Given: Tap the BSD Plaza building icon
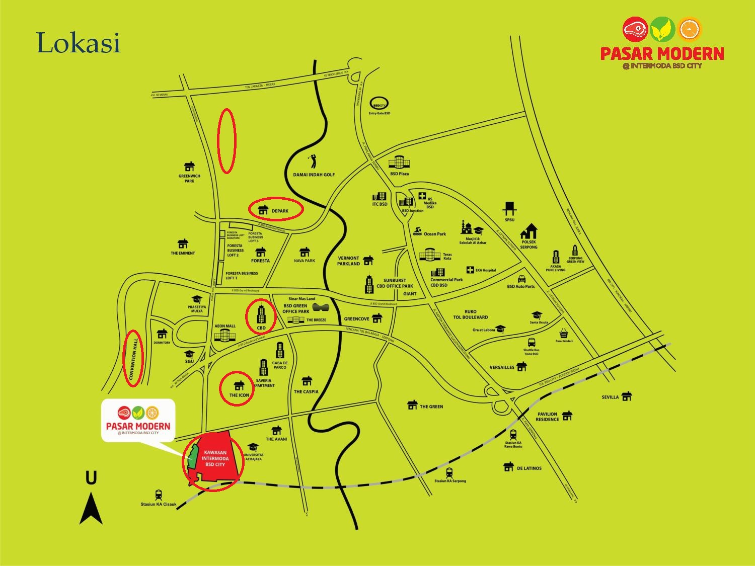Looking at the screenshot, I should pyautogui.click(x=400, y=162).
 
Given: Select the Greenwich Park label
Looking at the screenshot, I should pyautogui.click(x=189, y=178).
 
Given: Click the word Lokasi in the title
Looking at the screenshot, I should pyautogui.click(x=79, y=43).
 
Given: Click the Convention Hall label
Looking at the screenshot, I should pyautogui.click(x=133, y=358).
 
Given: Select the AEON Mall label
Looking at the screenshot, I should pyautogui.click(x=225, y=326).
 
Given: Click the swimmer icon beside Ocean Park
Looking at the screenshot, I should pyautogui.click(x=417, y=232).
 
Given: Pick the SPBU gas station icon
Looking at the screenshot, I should pyautogui.click(x=510, y=208).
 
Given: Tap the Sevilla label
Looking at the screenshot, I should pyautogui.click(x=610, y=397).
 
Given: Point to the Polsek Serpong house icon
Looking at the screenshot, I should pyautogui.click(x=529, y=231).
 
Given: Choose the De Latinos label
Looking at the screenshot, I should pyautogui.click(x=529, y=468).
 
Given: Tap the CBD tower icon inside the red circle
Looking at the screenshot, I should pyautogui.click(x=261, y=314).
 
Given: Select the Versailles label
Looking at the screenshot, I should pyautogui.click(x=502, y=367).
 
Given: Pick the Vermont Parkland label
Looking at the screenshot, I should pyautogui.click(x=348, y=261).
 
